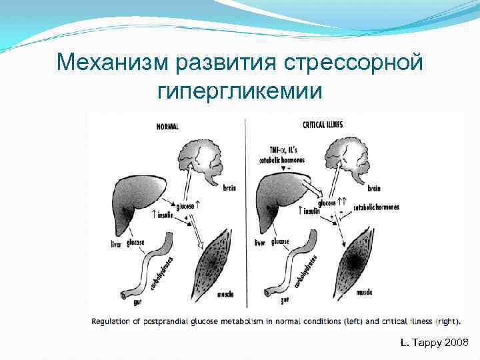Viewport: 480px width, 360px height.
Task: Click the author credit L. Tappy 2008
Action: click(435, 343)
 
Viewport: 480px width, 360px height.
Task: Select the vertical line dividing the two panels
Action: click(245, 213)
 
